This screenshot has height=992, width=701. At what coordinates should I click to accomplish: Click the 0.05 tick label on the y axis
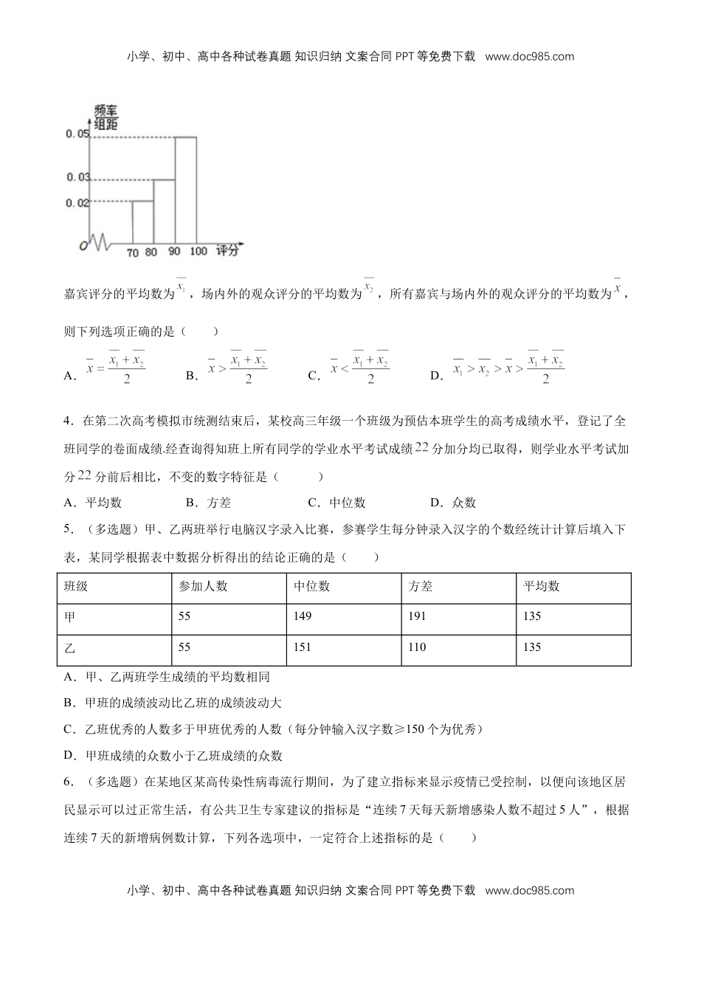pos(77,134)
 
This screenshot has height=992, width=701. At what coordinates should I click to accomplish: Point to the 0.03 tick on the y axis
pos(77,177)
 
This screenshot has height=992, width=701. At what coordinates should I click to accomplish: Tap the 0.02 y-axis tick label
pos(77,202)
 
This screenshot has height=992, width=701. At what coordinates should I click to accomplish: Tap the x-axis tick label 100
pos(198,252)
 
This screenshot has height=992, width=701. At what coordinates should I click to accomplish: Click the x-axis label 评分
pos(228,251)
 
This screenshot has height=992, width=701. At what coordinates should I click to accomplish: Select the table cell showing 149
pos(303,616)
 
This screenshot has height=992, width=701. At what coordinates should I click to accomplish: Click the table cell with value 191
pos(418,616)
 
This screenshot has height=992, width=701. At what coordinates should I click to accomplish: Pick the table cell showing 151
pos(303,647)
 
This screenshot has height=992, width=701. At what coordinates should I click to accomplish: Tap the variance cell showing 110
pos(418,647)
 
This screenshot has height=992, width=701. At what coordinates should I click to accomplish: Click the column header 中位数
pos(312,586)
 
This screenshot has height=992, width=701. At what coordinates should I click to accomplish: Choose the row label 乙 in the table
pos(70,647)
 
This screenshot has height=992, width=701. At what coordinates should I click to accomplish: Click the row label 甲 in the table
pos(70,616)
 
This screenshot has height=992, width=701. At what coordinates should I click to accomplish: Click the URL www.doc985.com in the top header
pos(530,56)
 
